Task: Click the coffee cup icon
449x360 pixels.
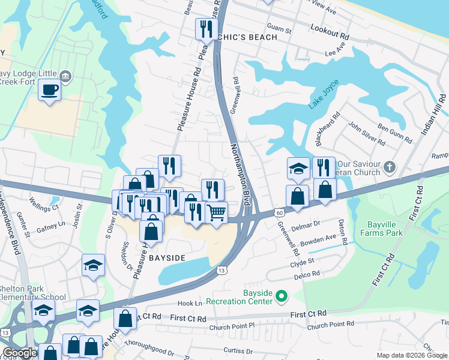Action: pos(49,91)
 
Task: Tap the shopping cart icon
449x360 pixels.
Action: pos(216,212)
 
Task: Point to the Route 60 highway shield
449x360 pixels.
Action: pos(279,212)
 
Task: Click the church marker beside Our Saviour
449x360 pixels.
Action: pos(389,166)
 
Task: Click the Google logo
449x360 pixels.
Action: pos(20,353)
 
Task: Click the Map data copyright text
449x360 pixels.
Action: pos(411,355)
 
